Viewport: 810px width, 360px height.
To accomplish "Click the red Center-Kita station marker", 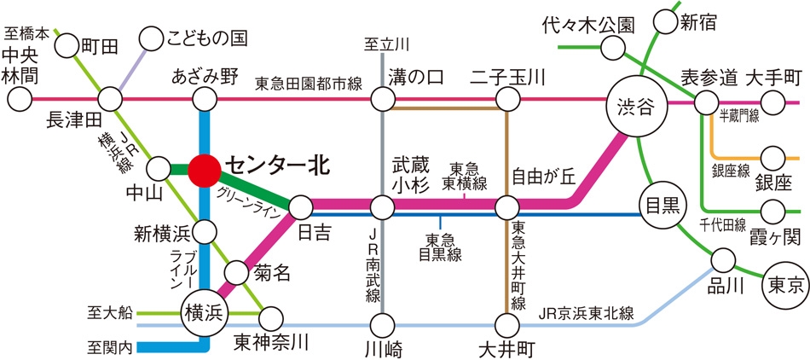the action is click(204, 170).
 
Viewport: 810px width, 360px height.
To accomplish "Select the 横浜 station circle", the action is click(202, 311).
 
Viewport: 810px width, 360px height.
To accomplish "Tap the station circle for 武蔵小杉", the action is click(383, 208).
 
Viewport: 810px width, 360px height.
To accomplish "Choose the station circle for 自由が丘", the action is click(506, 208).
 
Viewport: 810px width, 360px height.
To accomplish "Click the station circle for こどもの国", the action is click(152, 38).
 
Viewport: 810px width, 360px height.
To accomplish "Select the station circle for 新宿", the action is click(665, 21).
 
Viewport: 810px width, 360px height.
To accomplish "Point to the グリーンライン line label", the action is click(249, 201).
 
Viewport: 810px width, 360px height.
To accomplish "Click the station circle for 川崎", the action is click(383, 325).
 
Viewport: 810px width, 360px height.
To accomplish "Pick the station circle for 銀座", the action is click(774, 158).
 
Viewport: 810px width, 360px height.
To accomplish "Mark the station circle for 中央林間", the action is click(20, 99).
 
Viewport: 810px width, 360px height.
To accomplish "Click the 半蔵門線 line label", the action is click(738, 118).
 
